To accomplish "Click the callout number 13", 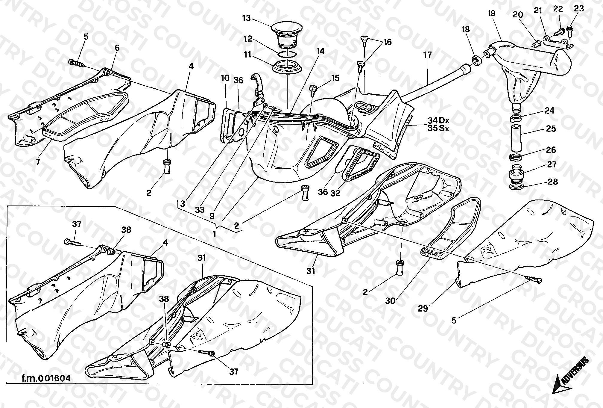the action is point(246,18).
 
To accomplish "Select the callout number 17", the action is point(428,55).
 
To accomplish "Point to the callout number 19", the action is point(491,13).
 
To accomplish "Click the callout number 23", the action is point(579,8).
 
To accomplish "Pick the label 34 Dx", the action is point(438,120).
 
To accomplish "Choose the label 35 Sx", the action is point(438,129).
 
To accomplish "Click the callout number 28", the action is point(553,182).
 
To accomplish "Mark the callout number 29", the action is point(423,308).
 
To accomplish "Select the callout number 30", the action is point(390,301).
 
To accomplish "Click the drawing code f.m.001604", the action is point(46,378).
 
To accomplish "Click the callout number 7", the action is point(38,162).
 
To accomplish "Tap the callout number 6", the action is point(117,48).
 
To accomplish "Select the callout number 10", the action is point(225,78).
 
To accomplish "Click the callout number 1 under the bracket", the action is point(214,234).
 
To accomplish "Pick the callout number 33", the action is point(200,210).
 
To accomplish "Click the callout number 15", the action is point(335,78).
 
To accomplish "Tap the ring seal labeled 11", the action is point(287,67).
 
